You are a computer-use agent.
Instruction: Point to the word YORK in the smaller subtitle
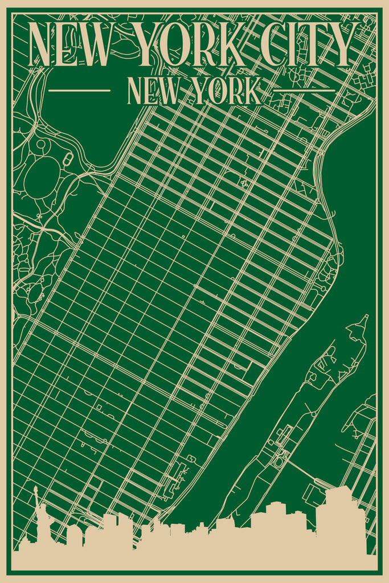(x=227, y=91)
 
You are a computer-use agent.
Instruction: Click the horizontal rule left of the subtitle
(x=80, y=90)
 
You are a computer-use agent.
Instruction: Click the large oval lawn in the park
(x=41, y=177)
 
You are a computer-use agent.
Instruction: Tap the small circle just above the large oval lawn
(x=40, y=145)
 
